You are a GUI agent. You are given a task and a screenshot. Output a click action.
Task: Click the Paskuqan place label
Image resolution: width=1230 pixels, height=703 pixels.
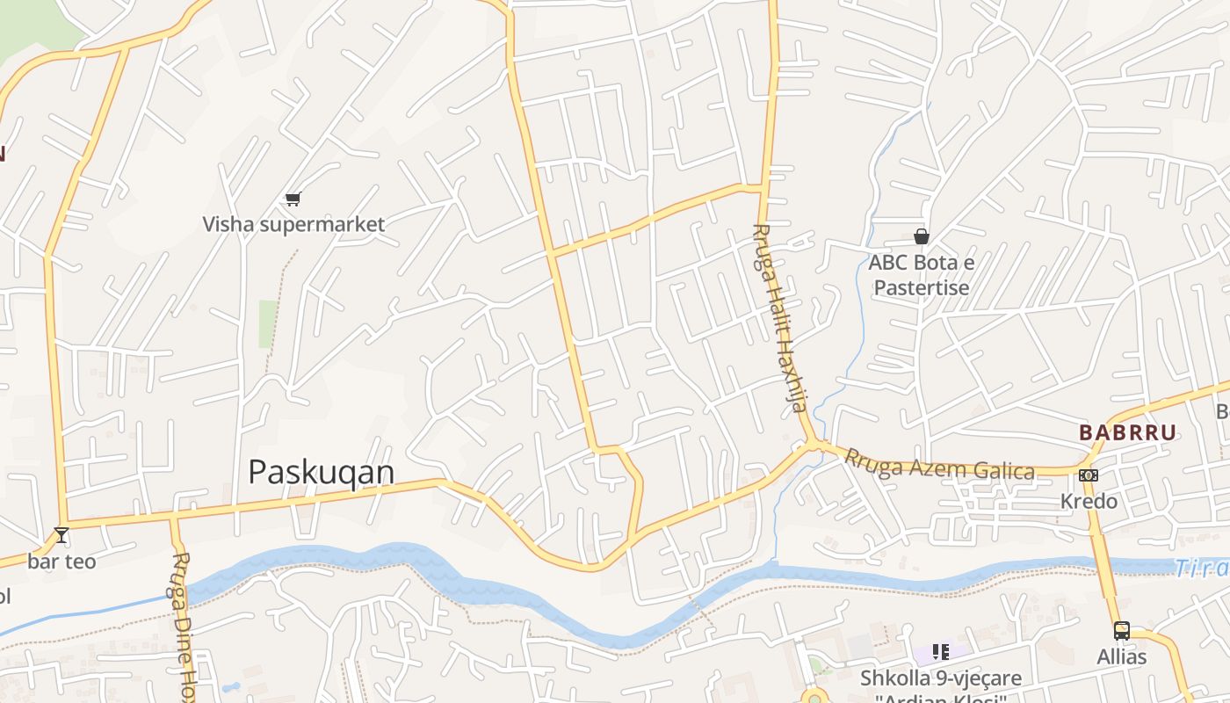[322, 473]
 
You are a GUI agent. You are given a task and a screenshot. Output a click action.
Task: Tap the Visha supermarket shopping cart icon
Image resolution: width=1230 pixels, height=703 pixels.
[293, 199]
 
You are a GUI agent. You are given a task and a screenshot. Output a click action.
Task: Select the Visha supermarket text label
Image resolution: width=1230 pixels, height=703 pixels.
[293, 224]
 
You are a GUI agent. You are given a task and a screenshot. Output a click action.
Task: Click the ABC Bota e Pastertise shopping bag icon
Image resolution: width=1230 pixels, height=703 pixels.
[922, 236]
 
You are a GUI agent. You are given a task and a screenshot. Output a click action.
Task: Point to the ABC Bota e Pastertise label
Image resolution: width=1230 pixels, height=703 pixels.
[921, 275]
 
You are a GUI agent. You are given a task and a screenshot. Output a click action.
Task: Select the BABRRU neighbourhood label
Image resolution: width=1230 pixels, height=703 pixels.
[1127, 432]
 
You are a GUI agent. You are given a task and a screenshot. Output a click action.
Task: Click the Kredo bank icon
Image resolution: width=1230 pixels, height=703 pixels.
[1089, 475]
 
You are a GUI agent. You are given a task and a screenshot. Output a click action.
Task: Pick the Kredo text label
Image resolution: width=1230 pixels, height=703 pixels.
[1089, 501]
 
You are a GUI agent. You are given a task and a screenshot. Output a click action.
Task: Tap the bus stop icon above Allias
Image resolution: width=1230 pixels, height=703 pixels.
[1122, 630]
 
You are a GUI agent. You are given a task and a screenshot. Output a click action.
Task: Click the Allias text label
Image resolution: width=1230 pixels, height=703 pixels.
[1122, 656]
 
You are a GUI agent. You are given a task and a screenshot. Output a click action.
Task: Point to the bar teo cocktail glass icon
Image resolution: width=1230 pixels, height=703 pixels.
[61, 534]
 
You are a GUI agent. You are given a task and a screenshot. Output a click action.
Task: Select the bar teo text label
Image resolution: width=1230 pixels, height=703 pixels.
[61, 561]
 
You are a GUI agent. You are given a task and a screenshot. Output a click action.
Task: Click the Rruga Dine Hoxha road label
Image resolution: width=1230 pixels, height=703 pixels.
[183, 624]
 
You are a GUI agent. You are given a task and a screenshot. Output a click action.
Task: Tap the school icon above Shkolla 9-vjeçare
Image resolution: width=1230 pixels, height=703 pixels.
[941, 652]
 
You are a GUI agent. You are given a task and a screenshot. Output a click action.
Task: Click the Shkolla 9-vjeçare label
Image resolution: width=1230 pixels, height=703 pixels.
[940, 678]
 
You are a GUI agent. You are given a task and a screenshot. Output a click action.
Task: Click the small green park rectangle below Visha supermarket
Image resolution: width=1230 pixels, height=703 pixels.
[268, 323]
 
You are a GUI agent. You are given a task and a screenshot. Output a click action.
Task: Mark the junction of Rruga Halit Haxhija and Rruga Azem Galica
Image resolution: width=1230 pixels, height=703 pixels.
[815, 445]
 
